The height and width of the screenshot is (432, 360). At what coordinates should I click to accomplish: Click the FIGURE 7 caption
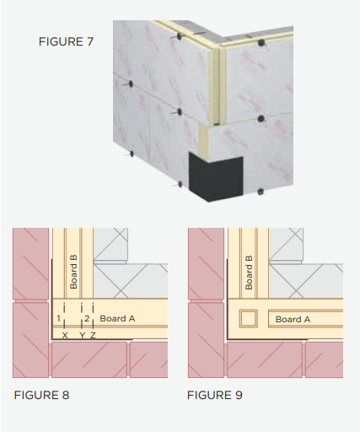pyautogui.click(x=66, y=41)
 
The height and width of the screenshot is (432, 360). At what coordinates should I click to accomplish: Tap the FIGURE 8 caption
pyautogui.click(x=41, y=395)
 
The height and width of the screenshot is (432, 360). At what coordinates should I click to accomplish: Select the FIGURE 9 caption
pyautogui.click(x=215, y=395)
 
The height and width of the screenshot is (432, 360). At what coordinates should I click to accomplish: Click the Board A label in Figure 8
pyautogui.click(x=117, y=318)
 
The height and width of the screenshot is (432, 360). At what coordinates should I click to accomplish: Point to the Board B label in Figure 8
pyautogui.click(x=73, y=272)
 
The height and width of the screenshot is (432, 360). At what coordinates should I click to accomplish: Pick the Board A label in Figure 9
pyautogui.click(x=293, y=319)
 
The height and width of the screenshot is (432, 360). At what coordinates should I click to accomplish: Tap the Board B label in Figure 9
pyautogui.click(x=249, y=273)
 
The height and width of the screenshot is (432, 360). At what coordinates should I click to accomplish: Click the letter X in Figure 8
pyautogui.click(x=65, y=335)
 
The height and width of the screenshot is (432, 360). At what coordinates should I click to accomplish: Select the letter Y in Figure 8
pyautogui.click(x=82, y=335)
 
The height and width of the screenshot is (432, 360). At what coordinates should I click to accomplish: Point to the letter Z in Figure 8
pyautogui.click(x=93, y=335)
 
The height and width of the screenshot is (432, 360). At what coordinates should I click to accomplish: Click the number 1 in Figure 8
pyautogui.click(x=58, y=318)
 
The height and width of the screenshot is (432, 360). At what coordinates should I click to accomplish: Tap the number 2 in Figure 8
pyautogui.click(x=87, y=318)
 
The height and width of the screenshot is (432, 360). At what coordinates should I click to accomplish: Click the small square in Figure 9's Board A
pyautogui.click(x=249, y=319)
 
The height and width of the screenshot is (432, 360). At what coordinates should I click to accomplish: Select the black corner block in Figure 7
pyautogui.click(x=216, y=177)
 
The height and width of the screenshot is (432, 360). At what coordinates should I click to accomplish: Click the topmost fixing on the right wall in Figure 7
pyautogui.click(x=261, y=43)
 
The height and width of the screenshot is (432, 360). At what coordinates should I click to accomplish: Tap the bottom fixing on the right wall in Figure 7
pyautogui.click(x=261, y=192)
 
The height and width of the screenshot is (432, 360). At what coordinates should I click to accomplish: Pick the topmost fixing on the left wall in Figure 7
pyautogui.click(x=179, y=36)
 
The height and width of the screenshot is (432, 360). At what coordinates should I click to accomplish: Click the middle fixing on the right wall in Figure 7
pyautogui.click(x=261, y=118)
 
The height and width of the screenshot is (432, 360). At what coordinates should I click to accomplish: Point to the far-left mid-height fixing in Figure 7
pyautogui.click(x=131, y=84)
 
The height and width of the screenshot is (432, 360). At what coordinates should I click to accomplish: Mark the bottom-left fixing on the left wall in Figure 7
pyautogui.click(x=132, y=154)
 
